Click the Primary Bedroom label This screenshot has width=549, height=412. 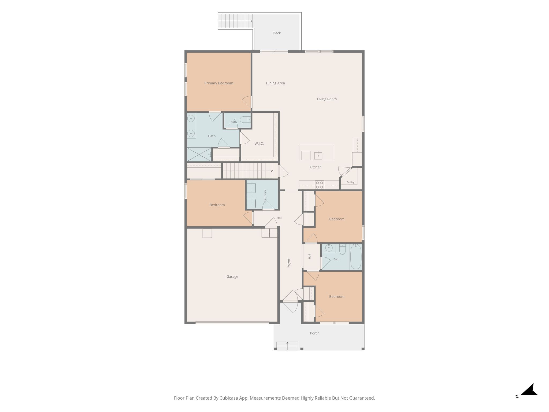(x=218, y=83)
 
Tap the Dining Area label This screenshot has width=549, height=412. (x=275, y=83)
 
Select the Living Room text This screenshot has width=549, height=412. (x=327, y=99)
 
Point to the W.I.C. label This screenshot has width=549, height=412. (x=259, y=144)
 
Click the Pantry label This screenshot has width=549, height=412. (x=350, y=182)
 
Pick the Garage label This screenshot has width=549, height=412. (x=232, y=277)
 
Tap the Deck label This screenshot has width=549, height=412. (x=277, y=33)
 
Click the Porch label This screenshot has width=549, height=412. (x=315, y=333)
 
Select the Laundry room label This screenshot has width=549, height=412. (x=265, y=196)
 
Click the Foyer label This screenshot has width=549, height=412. (x=288, y=263)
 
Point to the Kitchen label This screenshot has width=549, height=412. (x=315, y=167)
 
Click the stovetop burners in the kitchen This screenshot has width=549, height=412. (x=319, y=185)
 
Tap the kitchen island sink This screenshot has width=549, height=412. (x=318, y=156)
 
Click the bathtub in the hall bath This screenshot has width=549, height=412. (x=356, y=257)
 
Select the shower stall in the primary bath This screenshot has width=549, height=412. (x=199, y=154)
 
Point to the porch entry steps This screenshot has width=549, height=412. (x=287, y=346)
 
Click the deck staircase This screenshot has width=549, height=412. (x=235, y=21)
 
